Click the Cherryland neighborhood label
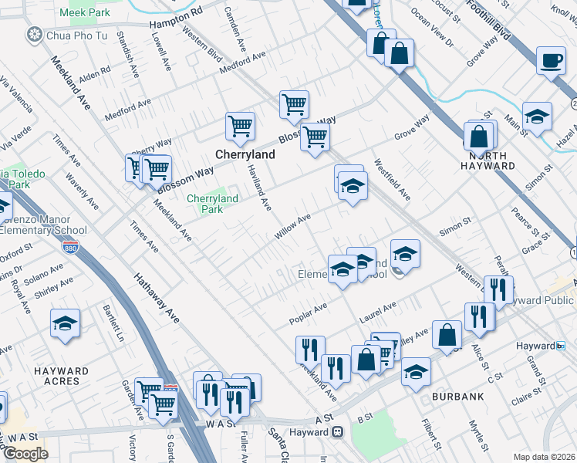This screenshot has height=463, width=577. coord(245,154)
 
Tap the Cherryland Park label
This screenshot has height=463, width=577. coord(205,204)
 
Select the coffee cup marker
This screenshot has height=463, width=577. coord(551,60)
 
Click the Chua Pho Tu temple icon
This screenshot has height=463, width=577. coord(35,34)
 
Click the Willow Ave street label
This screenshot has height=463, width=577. coord(293,227)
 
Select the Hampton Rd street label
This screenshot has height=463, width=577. coord(175,19)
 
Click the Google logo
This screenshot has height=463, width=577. coord(25,454)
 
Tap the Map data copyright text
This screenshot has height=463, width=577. coord(545,457)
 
